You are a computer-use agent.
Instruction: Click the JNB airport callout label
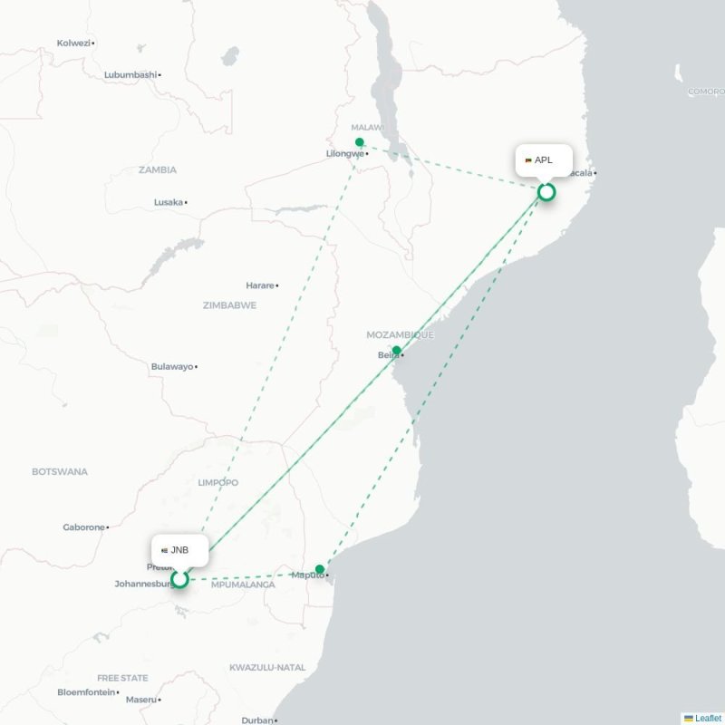(179, 550)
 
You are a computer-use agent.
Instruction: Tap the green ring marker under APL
(546, 192)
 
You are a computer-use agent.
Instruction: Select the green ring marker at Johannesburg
(180, 578)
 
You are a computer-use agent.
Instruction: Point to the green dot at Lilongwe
(360, 142)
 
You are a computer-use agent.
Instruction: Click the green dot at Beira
(396, 350)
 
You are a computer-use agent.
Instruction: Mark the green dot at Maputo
(320, 569)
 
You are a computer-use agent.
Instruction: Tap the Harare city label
(260, 285)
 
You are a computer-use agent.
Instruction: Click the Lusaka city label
(169, 202)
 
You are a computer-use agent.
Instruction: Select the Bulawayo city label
(172, 367)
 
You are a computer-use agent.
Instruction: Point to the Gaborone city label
(83, 527)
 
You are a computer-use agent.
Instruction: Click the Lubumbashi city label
(130, 74)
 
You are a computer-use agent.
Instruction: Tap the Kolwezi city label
(73, 43)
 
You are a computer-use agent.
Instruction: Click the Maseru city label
(140, 700)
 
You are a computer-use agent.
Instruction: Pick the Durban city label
(256, 720)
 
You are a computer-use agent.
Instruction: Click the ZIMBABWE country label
(229, 305)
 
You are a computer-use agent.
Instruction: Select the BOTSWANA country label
(60, 472)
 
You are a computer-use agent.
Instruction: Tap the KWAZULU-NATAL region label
(267, 668)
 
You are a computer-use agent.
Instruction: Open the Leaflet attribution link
(707, 718)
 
